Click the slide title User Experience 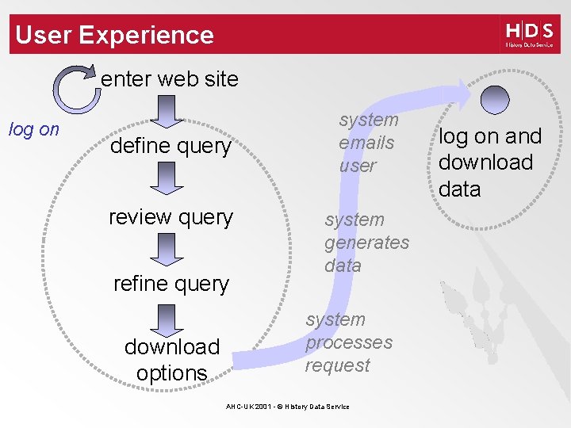coord(114,35)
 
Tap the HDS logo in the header coord(529,35)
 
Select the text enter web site coord(170,79)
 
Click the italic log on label coord(33,130)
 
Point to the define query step coord(171,147)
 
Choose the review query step coord(171,217)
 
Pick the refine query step coord(171,284)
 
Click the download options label coord(171,360)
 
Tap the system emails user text coord(367,143)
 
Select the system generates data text coord(366,243)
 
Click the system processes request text coord(348,342)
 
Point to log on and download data coord(489,162)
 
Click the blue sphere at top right coord(496,101)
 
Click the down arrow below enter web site coord(167,111)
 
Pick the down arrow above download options coord(167,319)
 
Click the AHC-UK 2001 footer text coord(287,407)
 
